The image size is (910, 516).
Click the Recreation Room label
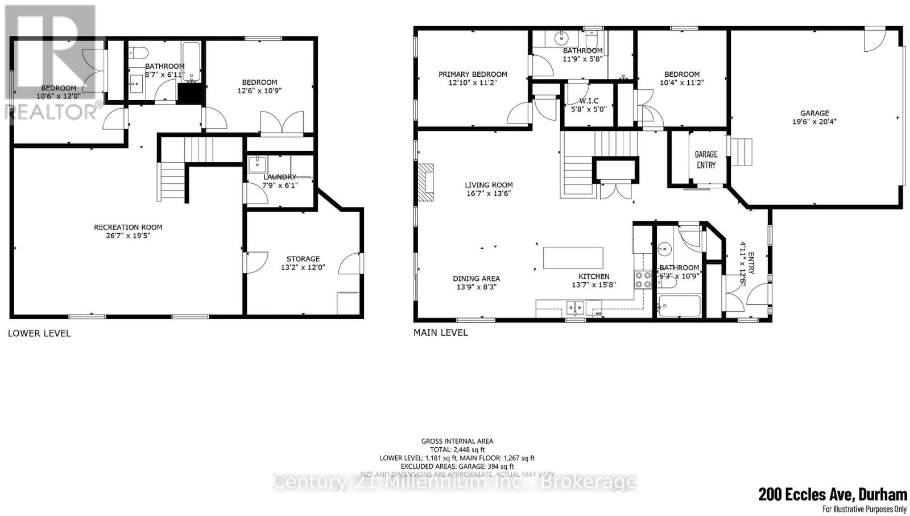(x=128, y=227)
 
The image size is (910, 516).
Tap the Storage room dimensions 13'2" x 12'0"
(x=303, y=267)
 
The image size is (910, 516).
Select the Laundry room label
(x=280, y=177)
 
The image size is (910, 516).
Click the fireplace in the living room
(x=425, y=183)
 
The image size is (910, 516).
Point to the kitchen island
(x=573, y=258)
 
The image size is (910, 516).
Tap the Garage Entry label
(x=706, y=159)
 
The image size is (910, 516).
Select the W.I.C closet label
(x=589, y=101)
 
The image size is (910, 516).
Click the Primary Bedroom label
(x=472, y=74)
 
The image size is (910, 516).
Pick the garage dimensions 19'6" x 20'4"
(x=814, y=121)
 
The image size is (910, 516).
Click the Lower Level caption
(x=39, y=333)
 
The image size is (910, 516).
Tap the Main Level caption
(x=440, y=332)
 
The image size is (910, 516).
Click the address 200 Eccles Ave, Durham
(x=832, y=494)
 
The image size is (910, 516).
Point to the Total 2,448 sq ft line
(x=457, y=449)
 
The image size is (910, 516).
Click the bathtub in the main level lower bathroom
(x=679, y=306)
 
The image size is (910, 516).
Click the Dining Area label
(x=476, y=278)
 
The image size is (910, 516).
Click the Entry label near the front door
(x=751, y=263)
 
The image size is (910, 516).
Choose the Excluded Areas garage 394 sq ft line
(x=457, y=466)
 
